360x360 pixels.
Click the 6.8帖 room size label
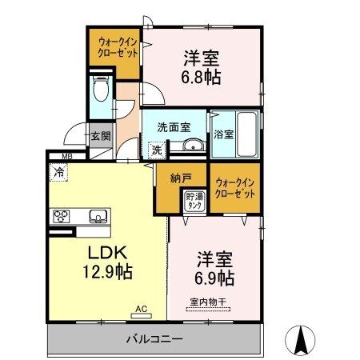(202, 78)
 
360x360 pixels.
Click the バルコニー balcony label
(157, 338)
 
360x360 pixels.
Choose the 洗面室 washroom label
(173, 126)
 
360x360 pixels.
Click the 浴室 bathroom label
(223, 134)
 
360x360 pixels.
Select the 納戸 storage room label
(179, 180)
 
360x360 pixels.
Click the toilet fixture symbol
(101, 90)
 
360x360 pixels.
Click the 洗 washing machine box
(157, 149)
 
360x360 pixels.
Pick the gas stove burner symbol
(62, 216)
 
